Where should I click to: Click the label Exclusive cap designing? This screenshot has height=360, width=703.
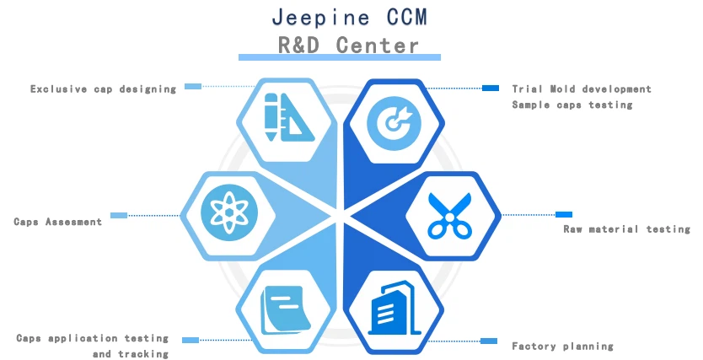coord(104,89)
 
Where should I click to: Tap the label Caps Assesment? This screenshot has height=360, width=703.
coord(57,222)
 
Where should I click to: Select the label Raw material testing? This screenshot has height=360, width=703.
coord(626,228)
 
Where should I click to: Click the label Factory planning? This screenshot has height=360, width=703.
coord(562,346)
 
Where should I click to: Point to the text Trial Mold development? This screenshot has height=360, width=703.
coord(582,89)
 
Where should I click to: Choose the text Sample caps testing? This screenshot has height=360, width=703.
coord(572,105)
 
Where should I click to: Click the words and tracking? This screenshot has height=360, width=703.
coord(131,354)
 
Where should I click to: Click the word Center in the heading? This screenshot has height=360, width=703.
coord(377,45)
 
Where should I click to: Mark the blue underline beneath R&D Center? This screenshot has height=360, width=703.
coord(340,57)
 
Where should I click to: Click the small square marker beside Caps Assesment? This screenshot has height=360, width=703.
coord(119,215)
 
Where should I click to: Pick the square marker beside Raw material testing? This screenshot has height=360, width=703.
coord(563,214)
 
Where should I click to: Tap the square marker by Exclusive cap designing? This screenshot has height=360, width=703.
coord(193,86)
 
